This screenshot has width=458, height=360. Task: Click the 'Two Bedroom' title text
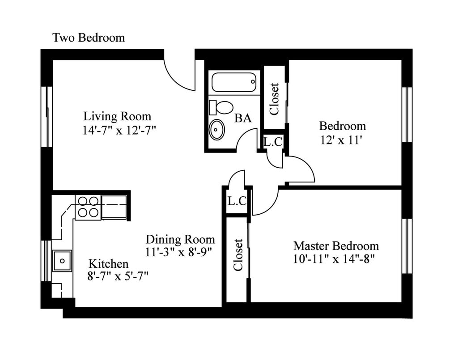89,38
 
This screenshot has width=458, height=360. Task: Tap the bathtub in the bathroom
234,82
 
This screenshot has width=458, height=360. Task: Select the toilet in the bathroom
221,107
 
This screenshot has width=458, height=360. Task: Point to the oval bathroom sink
217,129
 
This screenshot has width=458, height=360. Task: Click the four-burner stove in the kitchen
88,208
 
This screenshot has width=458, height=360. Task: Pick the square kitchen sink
62,260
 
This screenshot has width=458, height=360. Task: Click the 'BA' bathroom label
243,118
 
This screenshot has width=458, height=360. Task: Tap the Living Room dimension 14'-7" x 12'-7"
119,130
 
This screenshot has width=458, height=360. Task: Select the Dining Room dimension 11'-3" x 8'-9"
178,252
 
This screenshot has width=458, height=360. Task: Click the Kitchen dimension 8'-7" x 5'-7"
118,276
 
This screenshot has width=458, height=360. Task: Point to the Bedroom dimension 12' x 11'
341,140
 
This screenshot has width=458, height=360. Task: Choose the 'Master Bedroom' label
336,246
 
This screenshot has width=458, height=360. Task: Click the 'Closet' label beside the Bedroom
274,99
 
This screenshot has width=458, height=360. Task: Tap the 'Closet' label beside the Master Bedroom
238,255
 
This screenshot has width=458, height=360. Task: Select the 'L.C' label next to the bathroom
273,142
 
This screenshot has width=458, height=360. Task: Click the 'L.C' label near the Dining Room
237,201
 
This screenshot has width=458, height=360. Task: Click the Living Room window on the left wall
47,116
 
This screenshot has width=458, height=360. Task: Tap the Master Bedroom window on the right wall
407,246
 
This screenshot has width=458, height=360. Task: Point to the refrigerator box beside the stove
114,208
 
